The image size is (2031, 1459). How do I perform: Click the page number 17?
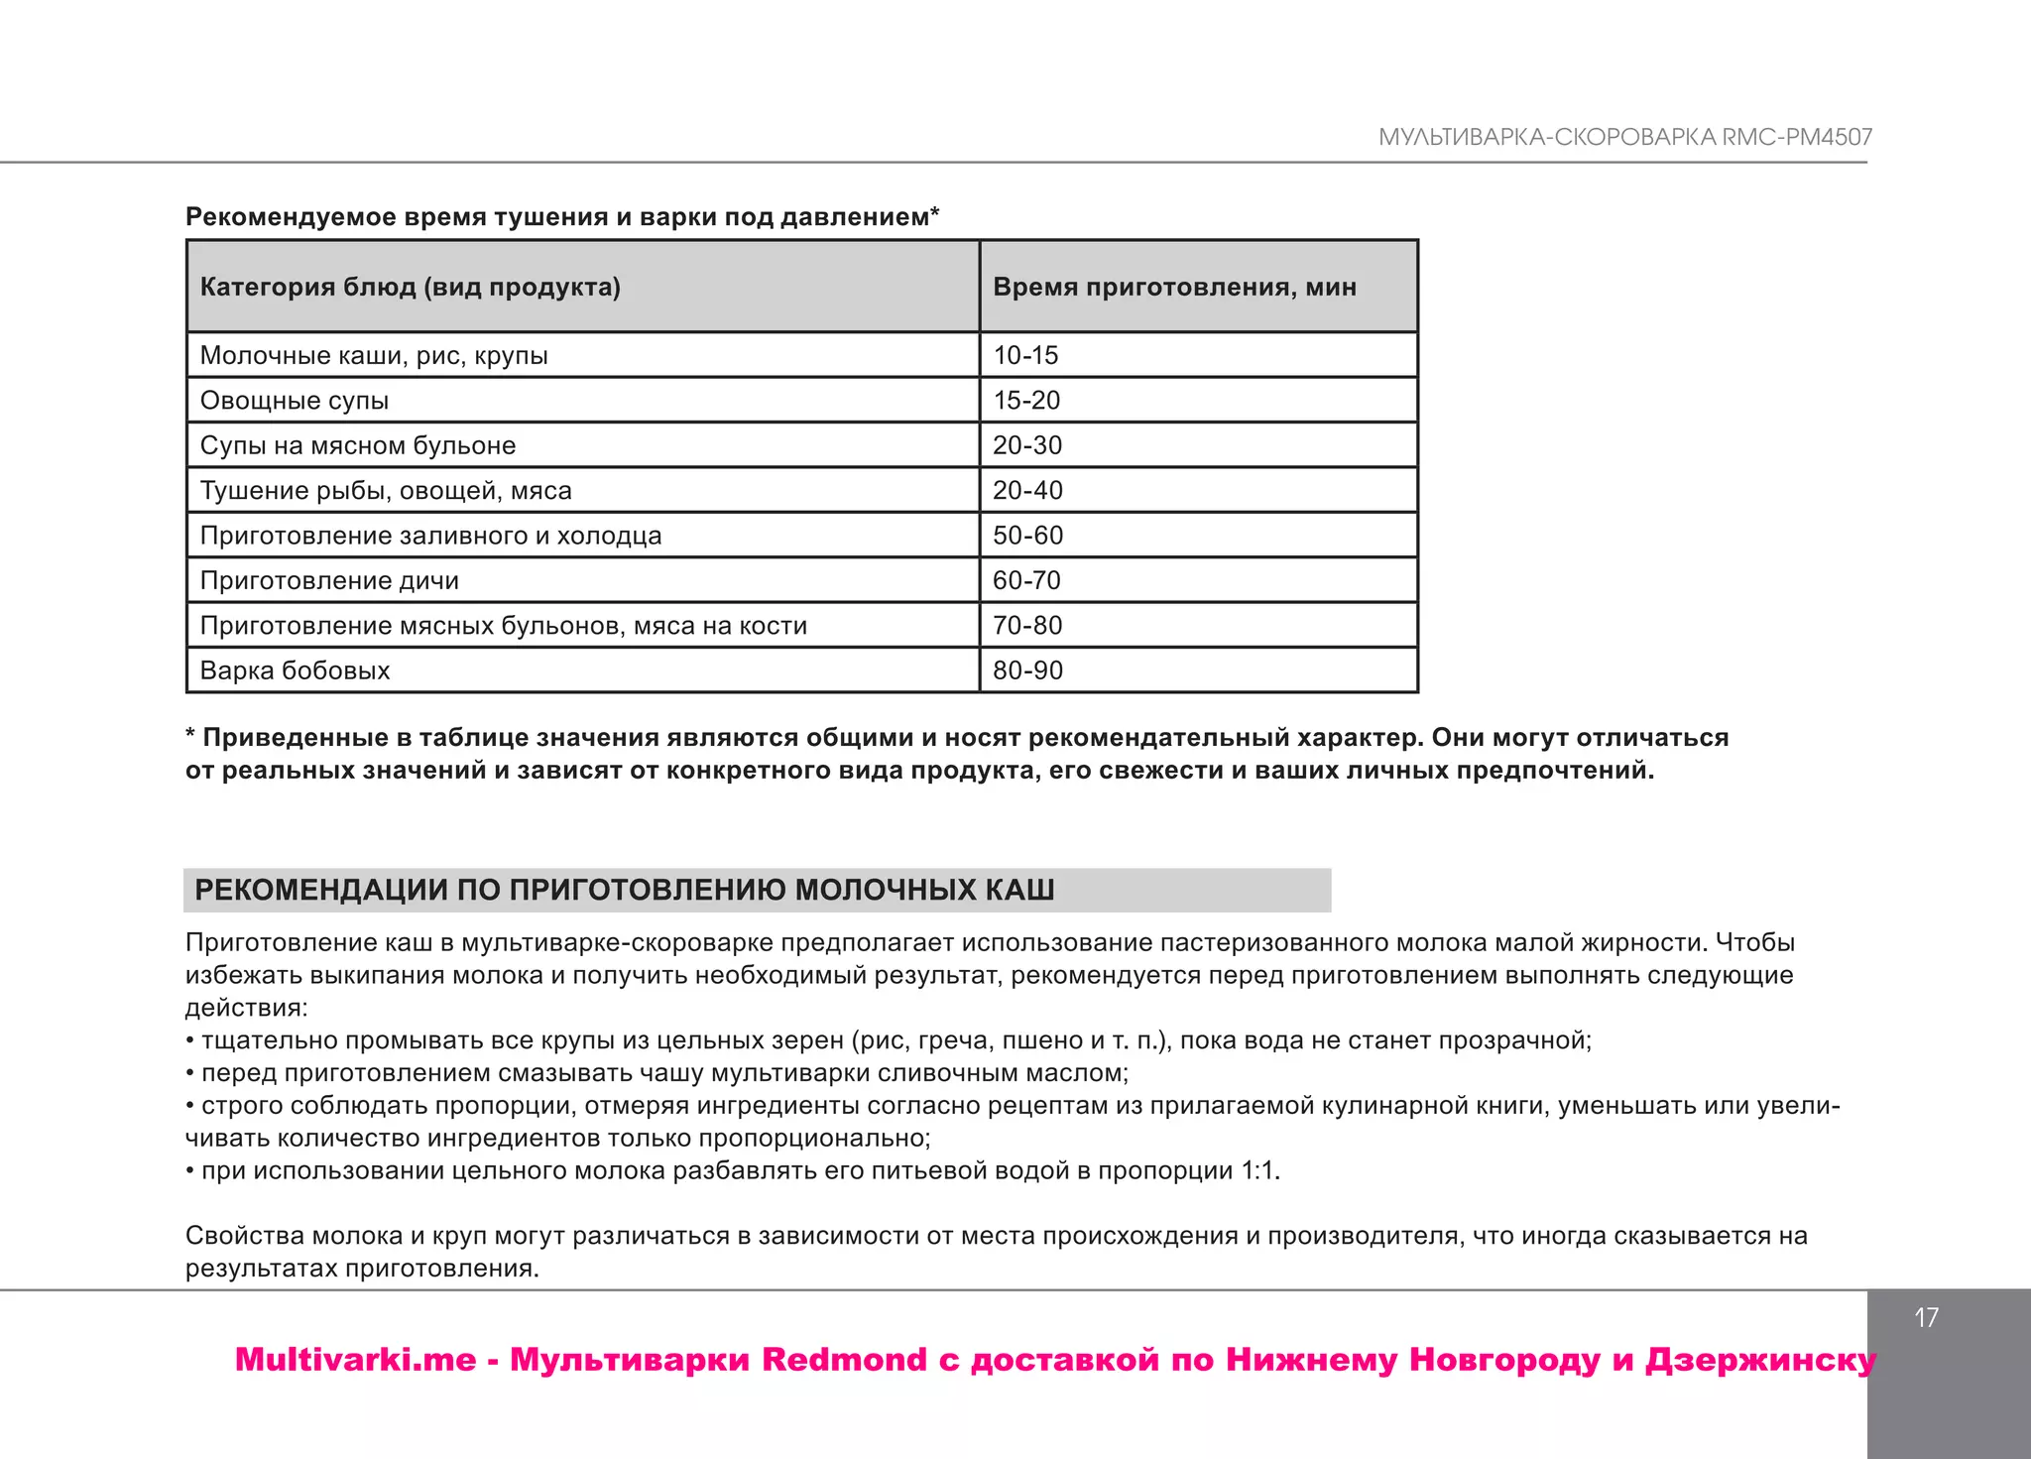[1926, 1318]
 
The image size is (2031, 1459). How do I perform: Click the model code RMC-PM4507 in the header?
[1797, 138]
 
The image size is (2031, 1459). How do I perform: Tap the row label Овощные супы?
[295, 401]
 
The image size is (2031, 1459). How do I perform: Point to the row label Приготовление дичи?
[329, 580]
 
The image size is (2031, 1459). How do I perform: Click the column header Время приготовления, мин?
[1174, 287]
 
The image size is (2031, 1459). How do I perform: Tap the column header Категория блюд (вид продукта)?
[410, 287]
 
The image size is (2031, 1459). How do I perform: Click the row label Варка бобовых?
[295, 670]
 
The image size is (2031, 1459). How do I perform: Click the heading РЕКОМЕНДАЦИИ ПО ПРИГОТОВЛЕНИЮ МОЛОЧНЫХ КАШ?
[624, 890]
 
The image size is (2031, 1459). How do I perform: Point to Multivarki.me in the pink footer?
[355, 1360]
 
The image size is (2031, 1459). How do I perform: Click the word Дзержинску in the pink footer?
[1759, 1360]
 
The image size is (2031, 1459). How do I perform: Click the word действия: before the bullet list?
[246, 1009]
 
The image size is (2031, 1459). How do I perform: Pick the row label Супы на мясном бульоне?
[357, 445]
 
